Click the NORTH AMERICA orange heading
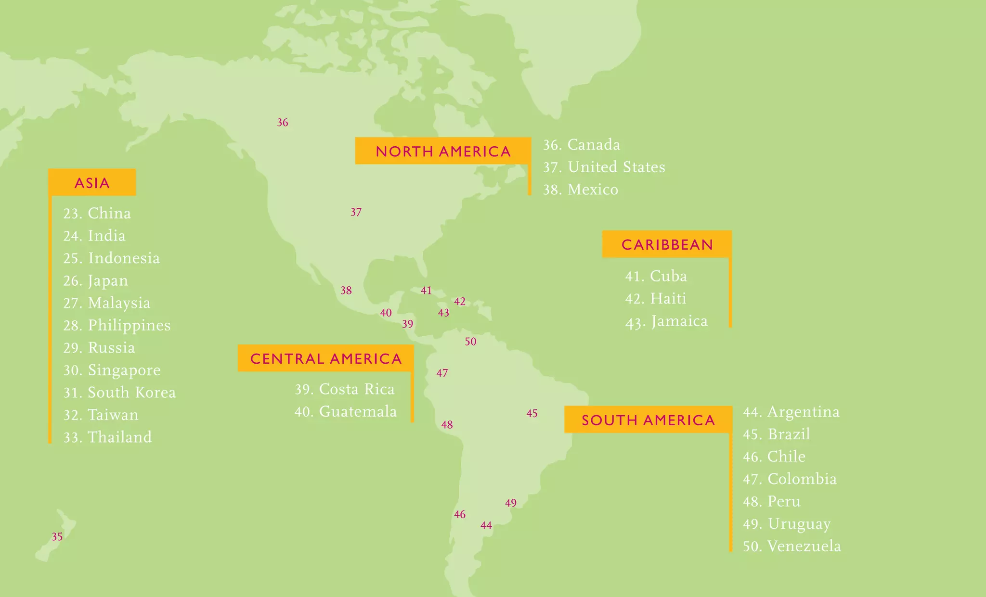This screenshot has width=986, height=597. [443, 152]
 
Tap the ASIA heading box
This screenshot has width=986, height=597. [92, 183]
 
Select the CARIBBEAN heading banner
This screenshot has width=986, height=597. [667, 244]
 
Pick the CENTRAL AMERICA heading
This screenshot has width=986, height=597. [326, 358]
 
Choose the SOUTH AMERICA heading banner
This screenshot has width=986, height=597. [648, 420]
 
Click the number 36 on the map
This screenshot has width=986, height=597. [283, 123]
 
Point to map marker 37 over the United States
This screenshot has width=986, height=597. [356, 212]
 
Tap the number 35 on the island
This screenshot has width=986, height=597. [57, 537]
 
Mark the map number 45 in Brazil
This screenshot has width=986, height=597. [532, 414]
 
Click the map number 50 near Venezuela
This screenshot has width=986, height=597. [470, 342]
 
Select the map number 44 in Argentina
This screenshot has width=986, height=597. [486, 526]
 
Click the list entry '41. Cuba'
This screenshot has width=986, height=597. [656, 276]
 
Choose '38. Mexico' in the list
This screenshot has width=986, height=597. [581, 190]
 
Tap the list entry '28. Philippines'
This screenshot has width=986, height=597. [117, 326]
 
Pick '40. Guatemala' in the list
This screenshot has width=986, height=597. [346, 412]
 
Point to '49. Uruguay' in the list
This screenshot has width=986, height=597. [787, 524]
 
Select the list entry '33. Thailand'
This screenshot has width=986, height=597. [108, 437]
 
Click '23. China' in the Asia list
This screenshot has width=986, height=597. [97, 213]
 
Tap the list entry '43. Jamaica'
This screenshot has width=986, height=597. [666, 321]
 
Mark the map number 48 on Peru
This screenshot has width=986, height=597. [447, 425]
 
